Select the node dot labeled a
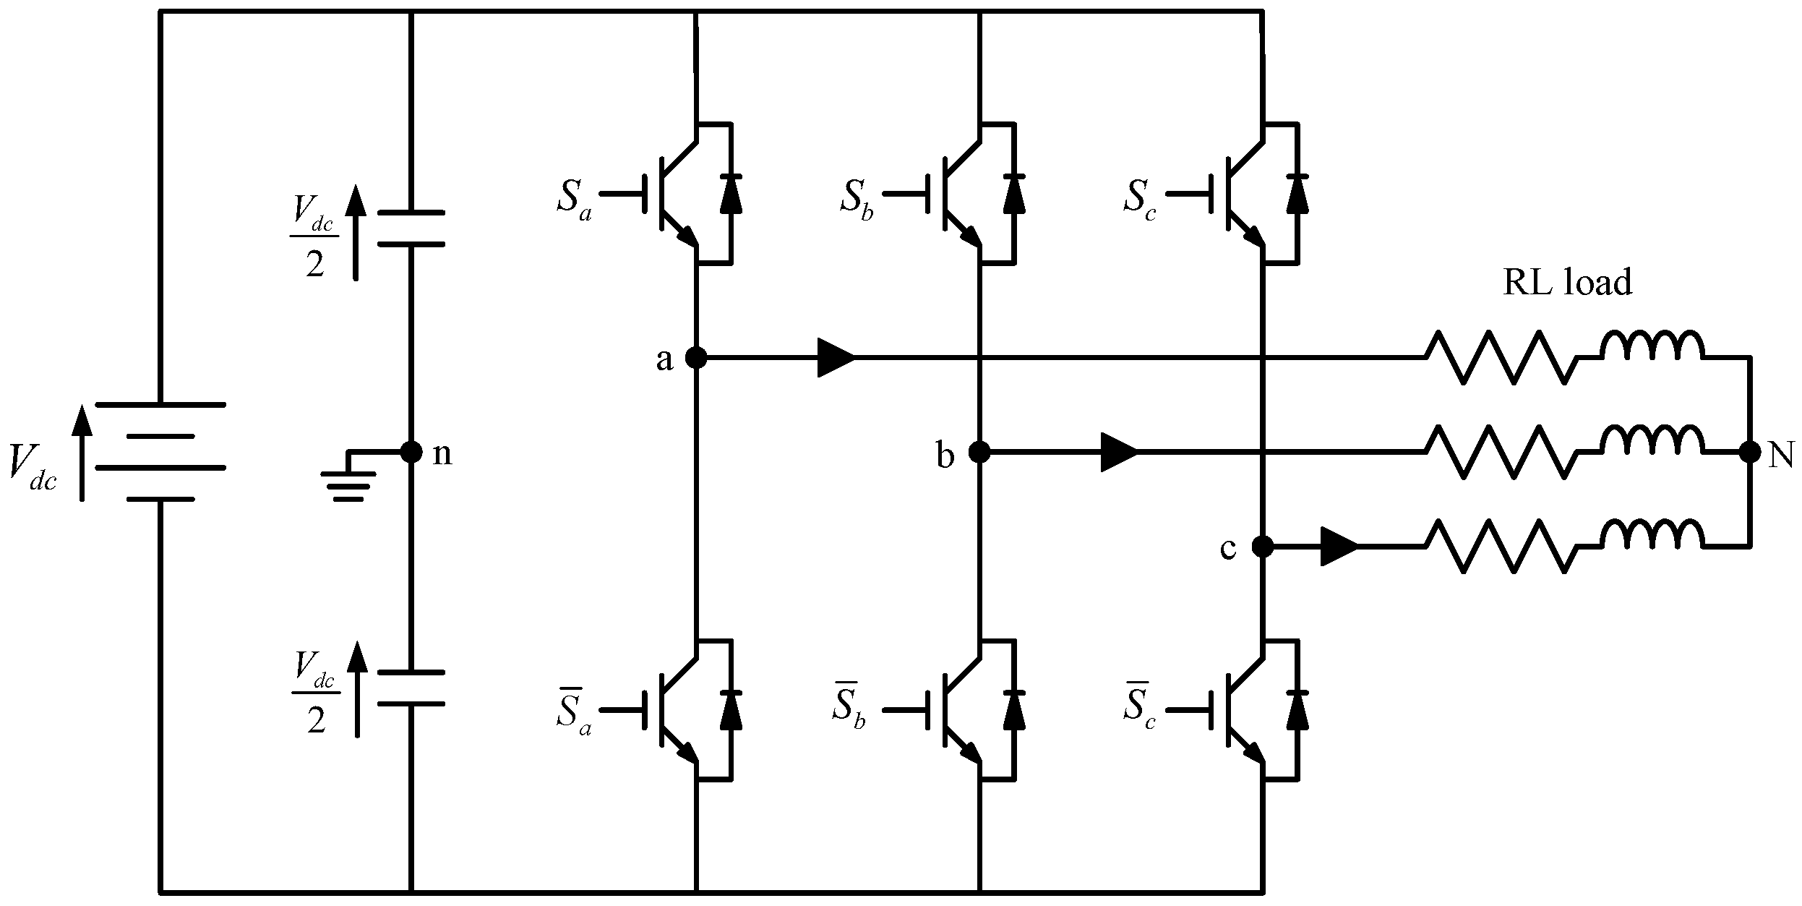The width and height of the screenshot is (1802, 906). click(x=695, y=357)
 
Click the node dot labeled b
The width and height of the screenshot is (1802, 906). click(x=979, y=452)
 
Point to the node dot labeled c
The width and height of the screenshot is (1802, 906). click(x=1262, y=547)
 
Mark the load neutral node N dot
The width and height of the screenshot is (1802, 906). click(x=1749, y=452)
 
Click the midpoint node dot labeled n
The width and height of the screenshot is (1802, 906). click(x=411, y=452)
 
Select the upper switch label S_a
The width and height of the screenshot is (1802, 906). click(x=574, y=197)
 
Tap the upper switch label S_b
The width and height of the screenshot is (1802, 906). click(x=857, y=197)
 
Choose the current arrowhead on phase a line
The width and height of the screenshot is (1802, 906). click(x=836, y=357)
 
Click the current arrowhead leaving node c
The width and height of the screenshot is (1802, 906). click(x=1339, y=547)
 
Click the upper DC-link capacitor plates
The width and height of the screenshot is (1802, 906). click(x=411, y=228)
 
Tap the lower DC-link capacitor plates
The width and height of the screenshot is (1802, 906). click(x=411, y=688)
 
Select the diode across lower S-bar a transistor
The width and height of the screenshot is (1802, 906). click(x=731, y=709)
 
